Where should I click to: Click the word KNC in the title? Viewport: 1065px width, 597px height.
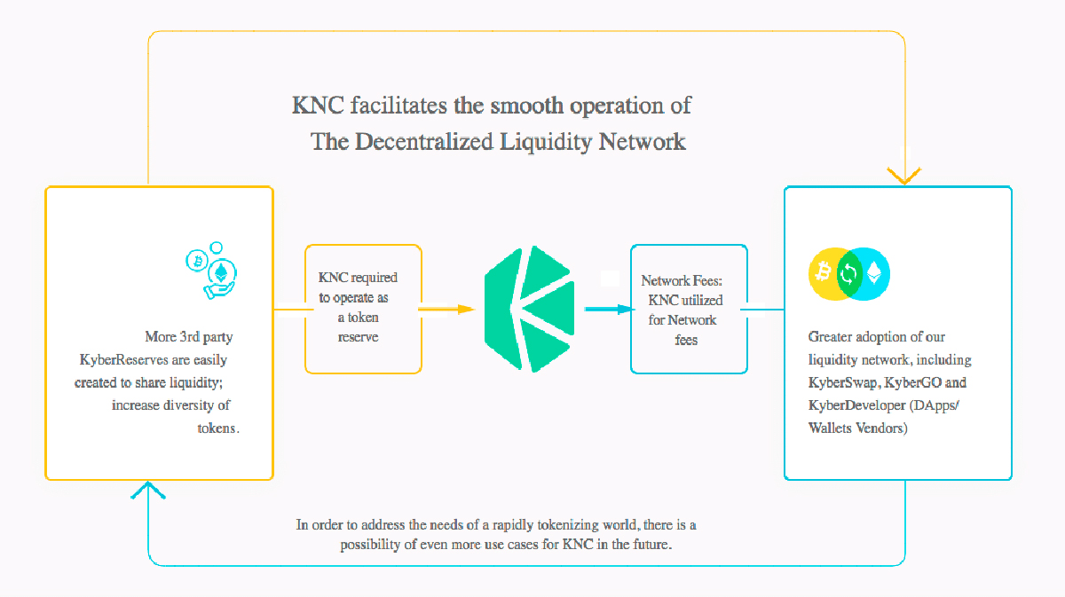[x=318, y=106]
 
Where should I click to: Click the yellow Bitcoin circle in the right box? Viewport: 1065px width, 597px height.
[x=826, y=273]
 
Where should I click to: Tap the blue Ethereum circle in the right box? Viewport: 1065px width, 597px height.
[x=872, y=273]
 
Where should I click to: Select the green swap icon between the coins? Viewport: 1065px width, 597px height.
[x=849, y=273]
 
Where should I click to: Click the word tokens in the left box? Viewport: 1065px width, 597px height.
[x=217, y=428]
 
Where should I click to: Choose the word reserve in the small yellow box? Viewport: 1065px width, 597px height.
[x=358, y=337]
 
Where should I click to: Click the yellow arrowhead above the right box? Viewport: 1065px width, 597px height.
[x=904, y=176]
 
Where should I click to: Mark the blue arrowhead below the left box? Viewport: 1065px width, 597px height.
[x=148, y=490]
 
